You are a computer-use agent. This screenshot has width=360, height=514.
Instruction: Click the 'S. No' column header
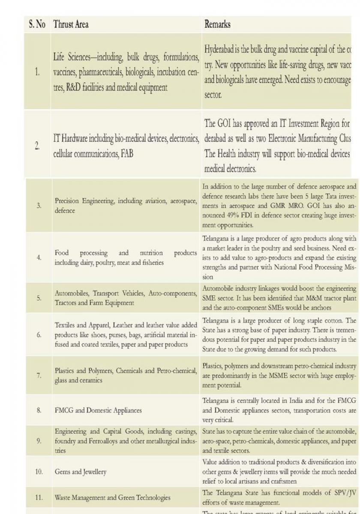click(x=37, y=24)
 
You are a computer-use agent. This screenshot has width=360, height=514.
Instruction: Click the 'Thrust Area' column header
click(x=71, y=24)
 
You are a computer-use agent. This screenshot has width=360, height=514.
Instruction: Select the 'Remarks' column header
click(x=217, y=24)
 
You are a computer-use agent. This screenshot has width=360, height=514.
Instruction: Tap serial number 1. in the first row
click(x=38, y=72)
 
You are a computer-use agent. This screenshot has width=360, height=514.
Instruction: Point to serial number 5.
click(x=39, y=298)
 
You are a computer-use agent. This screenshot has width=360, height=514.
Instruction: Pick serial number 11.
click(x=39, y=497)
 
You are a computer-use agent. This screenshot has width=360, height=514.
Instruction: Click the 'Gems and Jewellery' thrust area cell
click(x=81, y=472)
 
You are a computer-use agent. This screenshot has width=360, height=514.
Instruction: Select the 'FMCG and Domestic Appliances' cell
click(x=98, y=410)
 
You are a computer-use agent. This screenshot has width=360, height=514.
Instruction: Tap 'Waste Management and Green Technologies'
click(x=112, y=497)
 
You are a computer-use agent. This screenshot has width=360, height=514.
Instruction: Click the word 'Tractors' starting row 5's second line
click(x=66, y=303)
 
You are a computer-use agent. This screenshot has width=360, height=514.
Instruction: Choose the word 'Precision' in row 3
click(x=69, y=201)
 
